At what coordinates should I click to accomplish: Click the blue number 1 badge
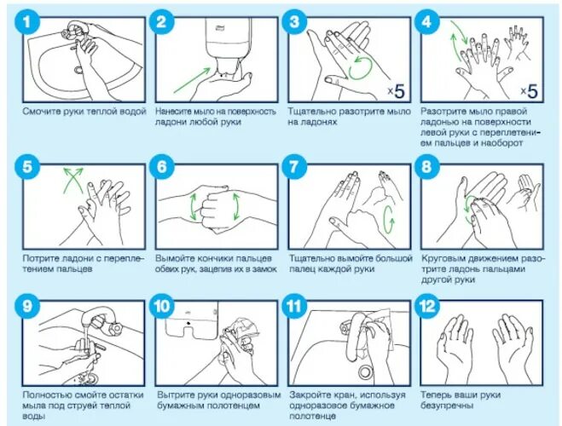[27, 21]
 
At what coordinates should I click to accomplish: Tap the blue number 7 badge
[294, 166]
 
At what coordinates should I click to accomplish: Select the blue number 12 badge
[427, 306]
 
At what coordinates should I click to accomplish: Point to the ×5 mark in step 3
[397, 91]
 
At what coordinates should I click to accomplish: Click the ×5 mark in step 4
[530, 91]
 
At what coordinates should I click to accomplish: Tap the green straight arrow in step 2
[193, 79]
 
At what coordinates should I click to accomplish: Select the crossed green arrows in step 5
[72, 180]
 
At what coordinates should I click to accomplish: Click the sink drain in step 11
[365, 372]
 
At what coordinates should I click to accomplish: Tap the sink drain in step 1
[78, 70]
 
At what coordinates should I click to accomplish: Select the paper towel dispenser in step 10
[191, 320]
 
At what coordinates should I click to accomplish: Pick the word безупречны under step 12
[447, 406]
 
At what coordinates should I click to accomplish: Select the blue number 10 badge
[161, 306]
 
